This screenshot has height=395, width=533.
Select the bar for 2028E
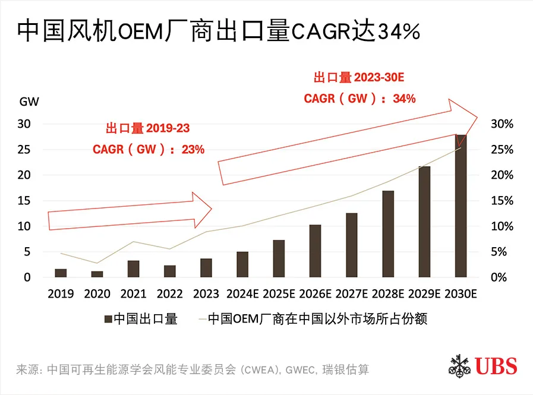pyautogui.click(x=388, y=234)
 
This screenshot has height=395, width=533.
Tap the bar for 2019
pyautogui.click(x=61, y=273)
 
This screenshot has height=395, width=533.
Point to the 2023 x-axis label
pyautogui.click(x=206, y=293)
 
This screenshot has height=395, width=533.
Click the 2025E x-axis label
pyautogui.click(x=279, y=293)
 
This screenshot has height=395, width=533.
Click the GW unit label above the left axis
pyautogui.click(x=29, y=101)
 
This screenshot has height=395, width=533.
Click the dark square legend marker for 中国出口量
pyautogui.click(x=108, y=320)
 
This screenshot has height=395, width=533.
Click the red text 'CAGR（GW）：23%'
pyautogui.click(x=149, y=150)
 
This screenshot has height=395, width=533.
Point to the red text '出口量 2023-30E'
pyautogui.click(x=354, y=78)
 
